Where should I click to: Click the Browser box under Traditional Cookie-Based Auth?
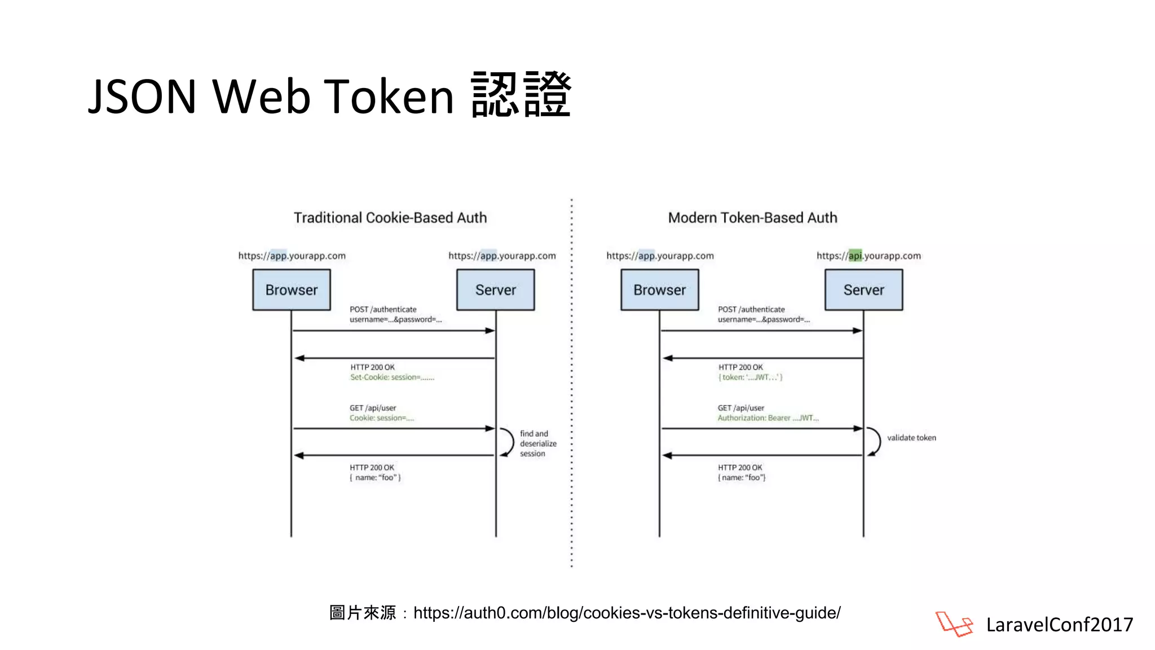point(292,290)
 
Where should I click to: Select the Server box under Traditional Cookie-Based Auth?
point(495,290)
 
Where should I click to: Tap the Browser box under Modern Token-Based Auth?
point(659,290)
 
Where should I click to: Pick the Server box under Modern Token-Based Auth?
point(863,290)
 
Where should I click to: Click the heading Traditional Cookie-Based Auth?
point(390,218)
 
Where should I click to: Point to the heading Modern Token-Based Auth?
point(752,218)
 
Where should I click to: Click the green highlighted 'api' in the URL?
point(855,256)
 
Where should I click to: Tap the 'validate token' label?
point(911,438)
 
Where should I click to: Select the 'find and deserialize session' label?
point(537,443)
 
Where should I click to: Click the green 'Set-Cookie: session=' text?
point(392,377)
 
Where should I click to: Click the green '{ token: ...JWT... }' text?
point(750,377)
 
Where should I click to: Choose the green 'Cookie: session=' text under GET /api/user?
point(381,418)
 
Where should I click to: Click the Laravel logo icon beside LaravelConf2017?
point(954,624)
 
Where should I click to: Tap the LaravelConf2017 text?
point(1059,625)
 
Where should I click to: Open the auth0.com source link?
point(627,613)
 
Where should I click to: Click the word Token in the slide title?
point(389,96)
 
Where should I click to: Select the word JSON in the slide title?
point(142,96)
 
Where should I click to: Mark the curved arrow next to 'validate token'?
point(875,441)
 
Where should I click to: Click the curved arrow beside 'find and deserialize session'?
point(507,442)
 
